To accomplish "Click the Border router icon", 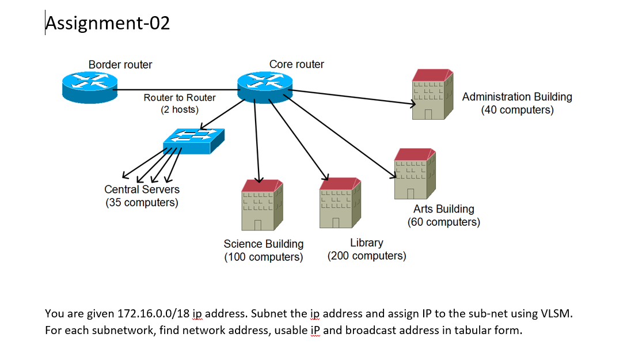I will click(89, 88).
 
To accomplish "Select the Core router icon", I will click(265, 88).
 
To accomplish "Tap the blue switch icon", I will click(193, 140).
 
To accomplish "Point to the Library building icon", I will click(340, 203).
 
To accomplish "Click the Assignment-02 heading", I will click(108, 23).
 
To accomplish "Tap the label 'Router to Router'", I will click(180, 98).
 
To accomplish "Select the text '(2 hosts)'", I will click(180, 109).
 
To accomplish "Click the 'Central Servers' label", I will click(142, 190).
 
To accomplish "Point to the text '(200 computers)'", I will click(367, 256).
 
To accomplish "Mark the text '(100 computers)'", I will click(263, 257).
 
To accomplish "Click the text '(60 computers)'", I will click(443, 222).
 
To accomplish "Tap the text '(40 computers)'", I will click(517, 109).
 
